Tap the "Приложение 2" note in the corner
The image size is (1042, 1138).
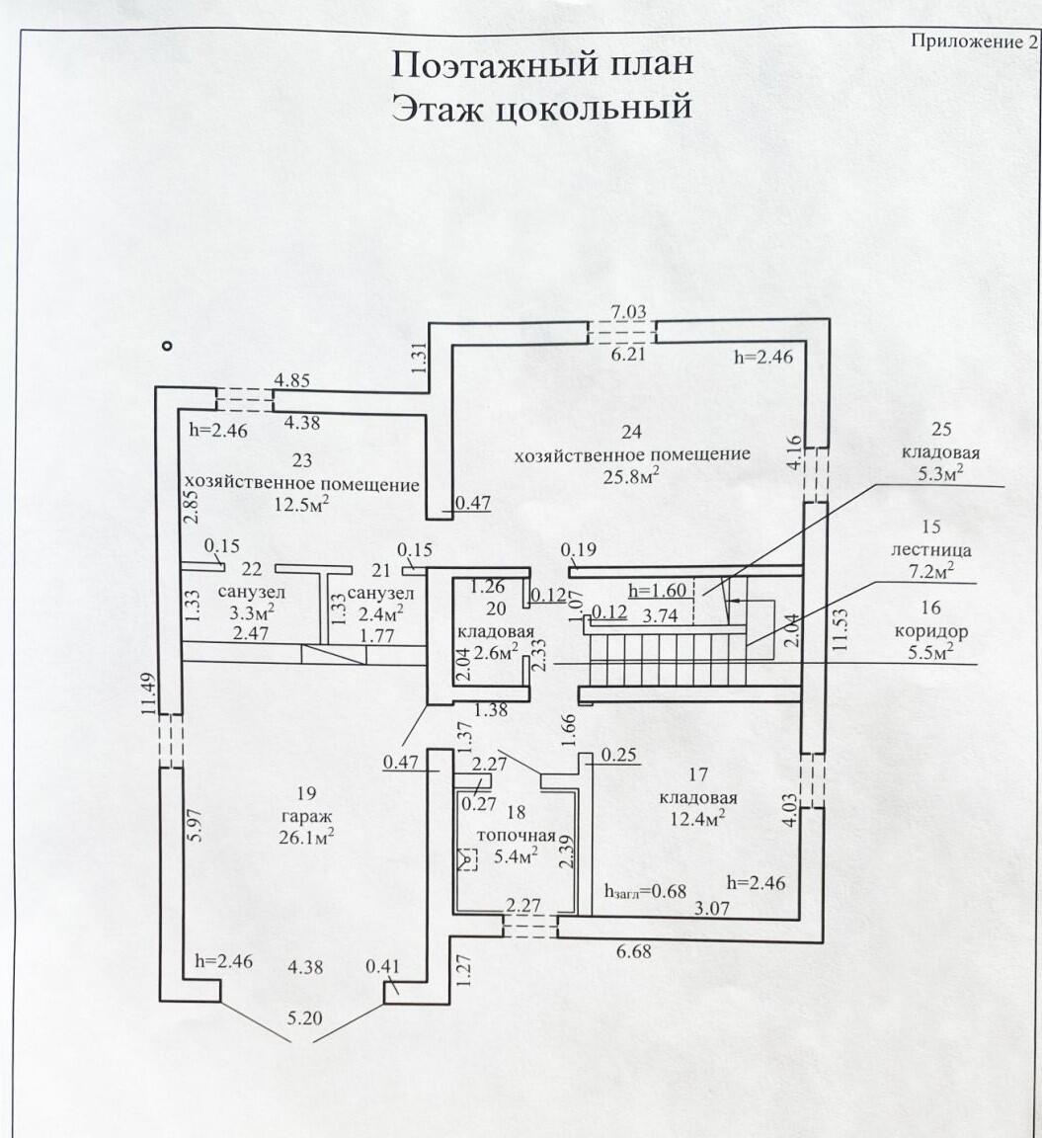point(974,41)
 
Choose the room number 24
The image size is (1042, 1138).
point(631,431)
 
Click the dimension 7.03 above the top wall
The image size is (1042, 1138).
point(628,312)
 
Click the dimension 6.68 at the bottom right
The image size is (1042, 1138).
point(632,952)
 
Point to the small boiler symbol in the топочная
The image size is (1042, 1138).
point(467,858)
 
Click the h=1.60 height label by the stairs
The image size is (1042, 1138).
point(658,591)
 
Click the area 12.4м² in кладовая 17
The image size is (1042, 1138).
point(700,818)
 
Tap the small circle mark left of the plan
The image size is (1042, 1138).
point(168,346)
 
